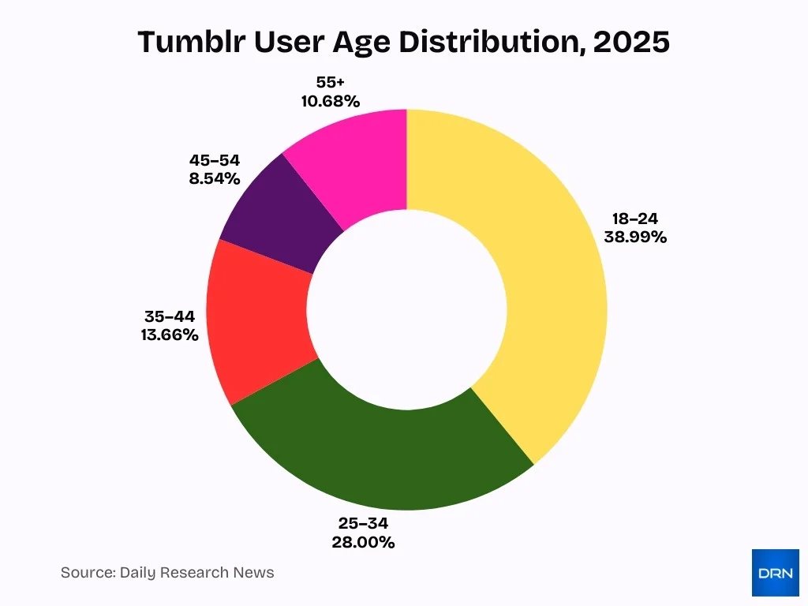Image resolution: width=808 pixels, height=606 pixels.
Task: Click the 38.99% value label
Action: (x=635, y=237)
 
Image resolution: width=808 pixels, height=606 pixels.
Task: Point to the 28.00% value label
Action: (x=364, y=542)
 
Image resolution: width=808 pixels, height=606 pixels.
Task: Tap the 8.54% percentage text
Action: (x=214, y=178)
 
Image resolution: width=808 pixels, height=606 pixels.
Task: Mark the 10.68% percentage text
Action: (x=330, y=101)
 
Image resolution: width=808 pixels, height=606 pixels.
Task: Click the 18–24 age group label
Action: (x=635, y=219)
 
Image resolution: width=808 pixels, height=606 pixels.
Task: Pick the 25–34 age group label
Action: (x=364, y=523)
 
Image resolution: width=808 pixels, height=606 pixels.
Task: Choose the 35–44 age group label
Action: (x=169, y=316)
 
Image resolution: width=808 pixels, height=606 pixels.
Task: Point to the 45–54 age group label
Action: (x=214, y=159)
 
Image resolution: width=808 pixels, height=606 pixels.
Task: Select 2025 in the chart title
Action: (x=630, y=43)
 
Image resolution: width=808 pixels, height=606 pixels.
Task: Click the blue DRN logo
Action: (x=775, y=572)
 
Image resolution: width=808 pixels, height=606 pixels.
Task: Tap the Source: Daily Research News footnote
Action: (x=167, y=572)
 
